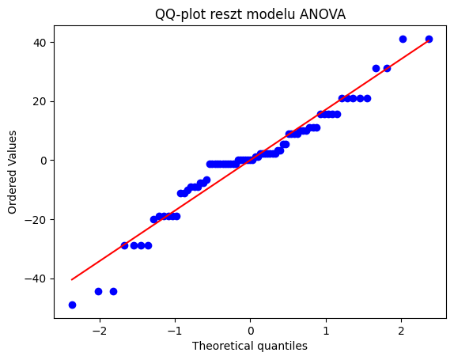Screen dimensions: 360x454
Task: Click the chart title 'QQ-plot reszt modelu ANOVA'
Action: [x=250, y=13]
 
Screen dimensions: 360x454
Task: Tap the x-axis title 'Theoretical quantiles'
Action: [x=250, y=346]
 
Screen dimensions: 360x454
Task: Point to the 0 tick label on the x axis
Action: [x=251, y=328]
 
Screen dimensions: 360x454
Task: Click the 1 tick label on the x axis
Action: [x=326, y=328]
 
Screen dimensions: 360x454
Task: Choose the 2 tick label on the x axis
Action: [x=402, y=328]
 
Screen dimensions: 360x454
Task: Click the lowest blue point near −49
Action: [x=72, y=305]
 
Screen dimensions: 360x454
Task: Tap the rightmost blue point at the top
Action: [x=429, y=39]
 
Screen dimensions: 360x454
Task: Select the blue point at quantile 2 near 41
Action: [x=403, y=39]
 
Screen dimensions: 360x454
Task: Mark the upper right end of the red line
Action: [x=429, y=40]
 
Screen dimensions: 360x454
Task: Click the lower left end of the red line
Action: [x=72, y=279]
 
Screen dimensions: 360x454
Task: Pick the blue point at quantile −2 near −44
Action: [x=98, y=291]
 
